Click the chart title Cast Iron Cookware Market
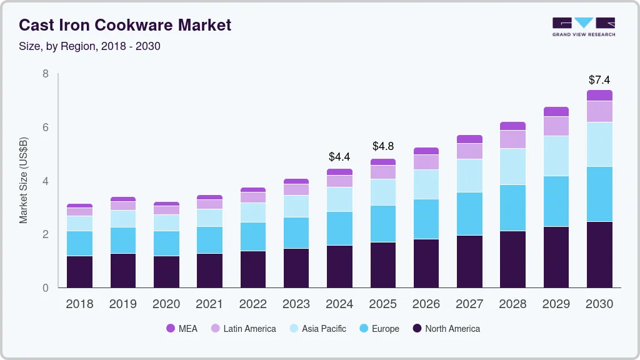[125, 25]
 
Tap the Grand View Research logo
[583, 26]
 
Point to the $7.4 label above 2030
[599, 80]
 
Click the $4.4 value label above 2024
[339, 156]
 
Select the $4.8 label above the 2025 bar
[382, 146]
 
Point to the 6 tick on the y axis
[45, 127]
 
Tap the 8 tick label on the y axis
[45, 74]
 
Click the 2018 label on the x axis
[79, 304]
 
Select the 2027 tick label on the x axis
[469, 304]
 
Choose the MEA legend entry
[182, 329]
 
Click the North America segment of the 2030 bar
[599, 254]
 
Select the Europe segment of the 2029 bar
[556, 201]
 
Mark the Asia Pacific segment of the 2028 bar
[513, 166]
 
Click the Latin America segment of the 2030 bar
[599, 111]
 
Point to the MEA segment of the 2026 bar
[426, 151]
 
